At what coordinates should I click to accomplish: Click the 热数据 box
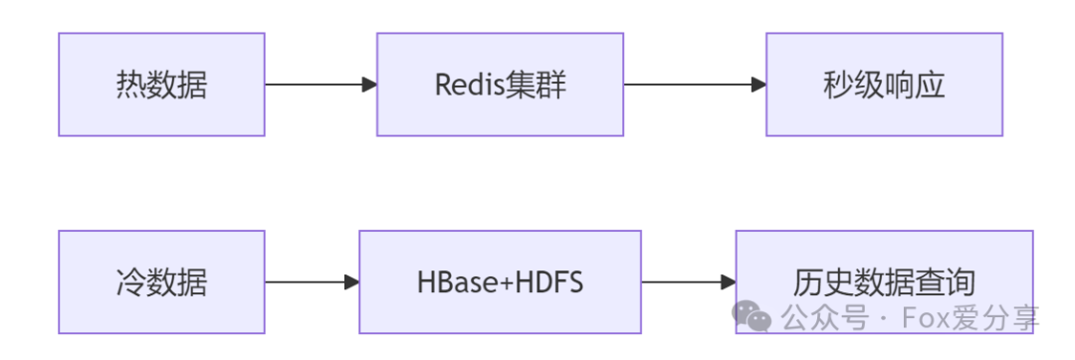coord(161,85)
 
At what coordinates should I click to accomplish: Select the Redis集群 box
coord(500,85)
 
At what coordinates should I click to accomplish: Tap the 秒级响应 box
coord(884,85)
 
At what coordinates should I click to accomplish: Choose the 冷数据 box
coord(161,282)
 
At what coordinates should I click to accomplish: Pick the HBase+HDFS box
coord(500,282)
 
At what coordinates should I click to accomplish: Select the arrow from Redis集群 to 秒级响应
coord(695,85)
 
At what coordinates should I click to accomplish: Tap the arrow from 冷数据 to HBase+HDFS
coord(312,282)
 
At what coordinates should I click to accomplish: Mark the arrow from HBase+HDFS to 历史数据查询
coord(688,282)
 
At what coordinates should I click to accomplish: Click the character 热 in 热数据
coord(130,86)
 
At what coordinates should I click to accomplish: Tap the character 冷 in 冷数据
coord(130,283)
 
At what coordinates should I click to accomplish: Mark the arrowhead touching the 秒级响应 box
coord(758,85)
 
